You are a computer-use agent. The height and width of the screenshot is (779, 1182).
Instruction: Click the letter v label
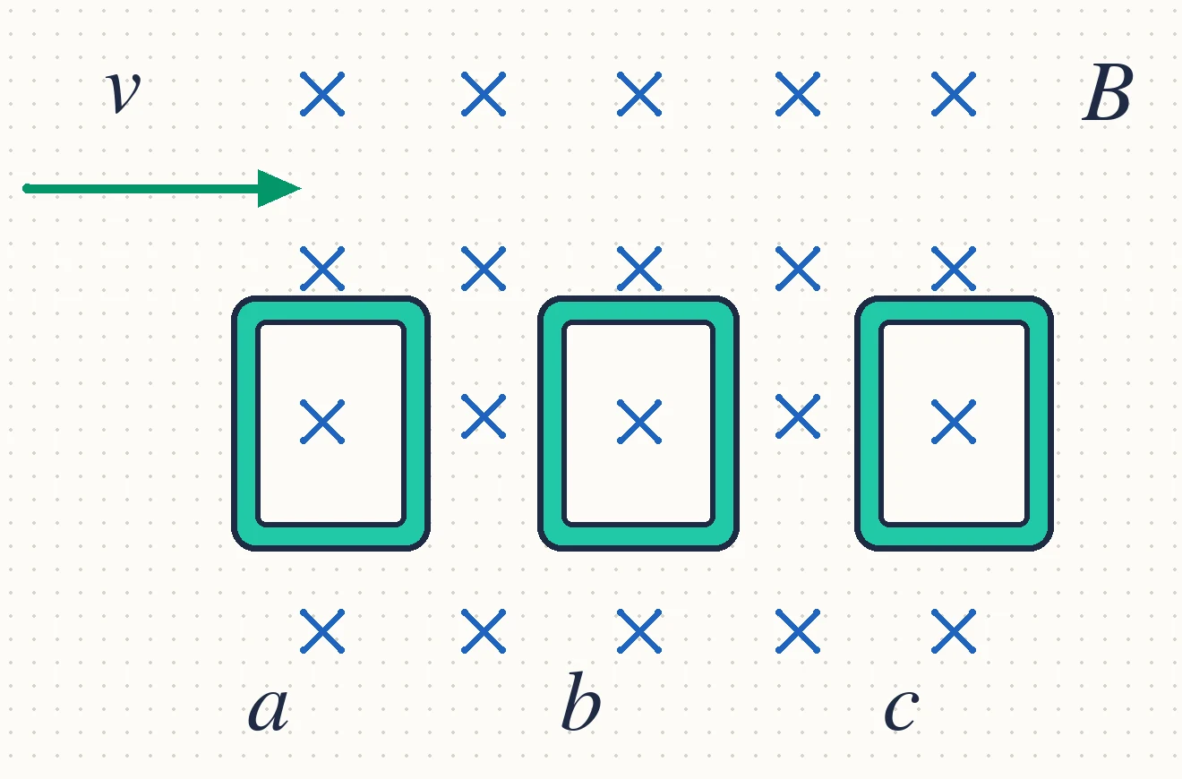click(124, 90)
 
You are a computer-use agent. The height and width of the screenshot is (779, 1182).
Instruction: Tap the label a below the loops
click(269, 709)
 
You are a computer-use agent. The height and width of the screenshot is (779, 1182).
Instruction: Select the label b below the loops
click(581, 701)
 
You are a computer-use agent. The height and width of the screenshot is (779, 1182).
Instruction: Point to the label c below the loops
click(901, 709)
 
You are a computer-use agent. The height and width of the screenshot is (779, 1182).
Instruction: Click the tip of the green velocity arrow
click(301, 188)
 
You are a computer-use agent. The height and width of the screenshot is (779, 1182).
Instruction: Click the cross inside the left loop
click(322, 422)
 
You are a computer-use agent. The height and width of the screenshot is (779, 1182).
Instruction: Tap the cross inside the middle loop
click(639, 422)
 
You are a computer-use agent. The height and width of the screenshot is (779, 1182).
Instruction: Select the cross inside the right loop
click(954, 422)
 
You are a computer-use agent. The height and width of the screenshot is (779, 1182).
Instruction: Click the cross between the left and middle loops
click(484, 416)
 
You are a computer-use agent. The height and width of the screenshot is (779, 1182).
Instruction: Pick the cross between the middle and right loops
click(797, 416)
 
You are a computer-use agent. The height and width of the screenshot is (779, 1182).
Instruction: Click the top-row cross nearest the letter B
click(954, 94)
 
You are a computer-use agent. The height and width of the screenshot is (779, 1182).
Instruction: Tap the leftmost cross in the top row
click(322, 94)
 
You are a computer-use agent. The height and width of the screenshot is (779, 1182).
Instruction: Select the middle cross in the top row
click(639, 94)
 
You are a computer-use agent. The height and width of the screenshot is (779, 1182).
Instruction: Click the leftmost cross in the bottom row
click(322, 631)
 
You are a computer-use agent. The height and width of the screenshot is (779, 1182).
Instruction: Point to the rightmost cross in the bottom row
click(954, 631)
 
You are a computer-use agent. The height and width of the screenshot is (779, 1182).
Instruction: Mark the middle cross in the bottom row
click(639, 631)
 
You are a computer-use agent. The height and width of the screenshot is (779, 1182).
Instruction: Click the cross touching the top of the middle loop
click(639, 269)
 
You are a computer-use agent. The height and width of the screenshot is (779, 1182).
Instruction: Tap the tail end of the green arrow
click(26, 188)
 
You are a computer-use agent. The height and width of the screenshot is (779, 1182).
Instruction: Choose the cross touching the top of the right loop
click(954, 269)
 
